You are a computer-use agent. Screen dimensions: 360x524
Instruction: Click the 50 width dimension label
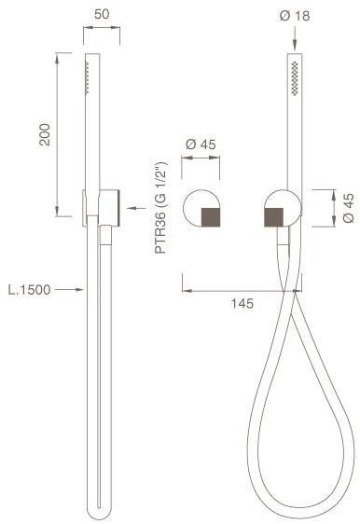(102, 14)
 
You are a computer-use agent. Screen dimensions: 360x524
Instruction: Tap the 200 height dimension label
(45, 134)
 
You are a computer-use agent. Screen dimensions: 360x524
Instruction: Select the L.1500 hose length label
(30, 290)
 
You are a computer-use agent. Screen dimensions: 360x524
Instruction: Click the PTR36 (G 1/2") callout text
(160, 208)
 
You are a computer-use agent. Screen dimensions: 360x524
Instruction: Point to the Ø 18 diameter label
(295, 16)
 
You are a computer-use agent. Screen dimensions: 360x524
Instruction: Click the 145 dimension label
(242, 304)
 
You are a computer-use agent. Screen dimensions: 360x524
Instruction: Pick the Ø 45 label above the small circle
(201, 145)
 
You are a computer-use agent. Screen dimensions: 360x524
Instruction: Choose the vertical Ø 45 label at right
(348, 208)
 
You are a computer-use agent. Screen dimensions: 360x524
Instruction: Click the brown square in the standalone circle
(211, 217)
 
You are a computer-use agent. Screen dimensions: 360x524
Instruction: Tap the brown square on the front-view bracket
(274, 217)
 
